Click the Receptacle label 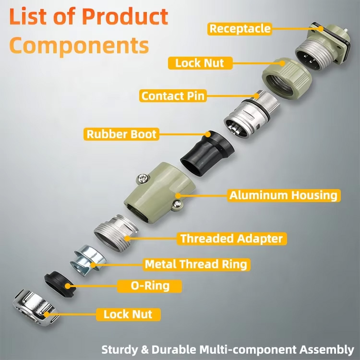click(240, 28)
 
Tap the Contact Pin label click(173, 96)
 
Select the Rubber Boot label click(121, 133)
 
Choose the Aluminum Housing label click(283, 195)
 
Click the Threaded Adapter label click(232, 238)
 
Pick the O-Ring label click(150, 287)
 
